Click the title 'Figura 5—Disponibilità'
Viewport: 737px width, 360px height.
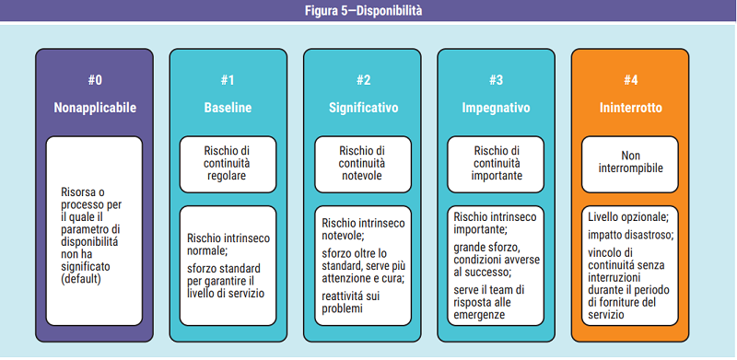[368, 11]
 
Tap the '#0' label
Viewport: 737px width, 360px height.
[94, 79]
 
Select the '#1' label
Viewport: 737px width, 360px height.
[228, 79]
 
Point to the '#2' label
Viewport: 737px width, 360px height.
[363, 79]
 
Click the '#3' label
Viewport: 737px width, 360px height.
[496, 79]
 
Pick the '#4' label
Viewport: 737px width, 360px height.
[630, 79]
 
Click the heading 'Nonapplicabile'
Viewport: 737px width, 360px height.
[94, 108]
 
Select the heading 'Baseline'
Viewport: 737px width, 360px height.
[228, 108]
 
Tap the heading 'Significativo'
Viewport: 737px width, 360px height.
[363, 108]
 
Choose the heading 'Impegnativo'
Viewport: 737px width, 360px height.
[496, 108]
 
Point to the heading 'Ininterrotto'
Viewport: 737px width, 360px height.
[630, 108]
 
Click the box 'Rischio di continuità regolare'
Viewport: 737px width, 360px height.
[228, 163]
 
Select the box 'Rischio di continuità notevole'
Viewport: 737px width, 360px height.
[363, 163]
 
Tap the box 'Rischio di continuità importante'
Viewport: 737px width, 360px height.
[497, 163]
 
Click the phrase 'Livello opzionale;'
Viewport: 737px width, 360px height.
[628, 217]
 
